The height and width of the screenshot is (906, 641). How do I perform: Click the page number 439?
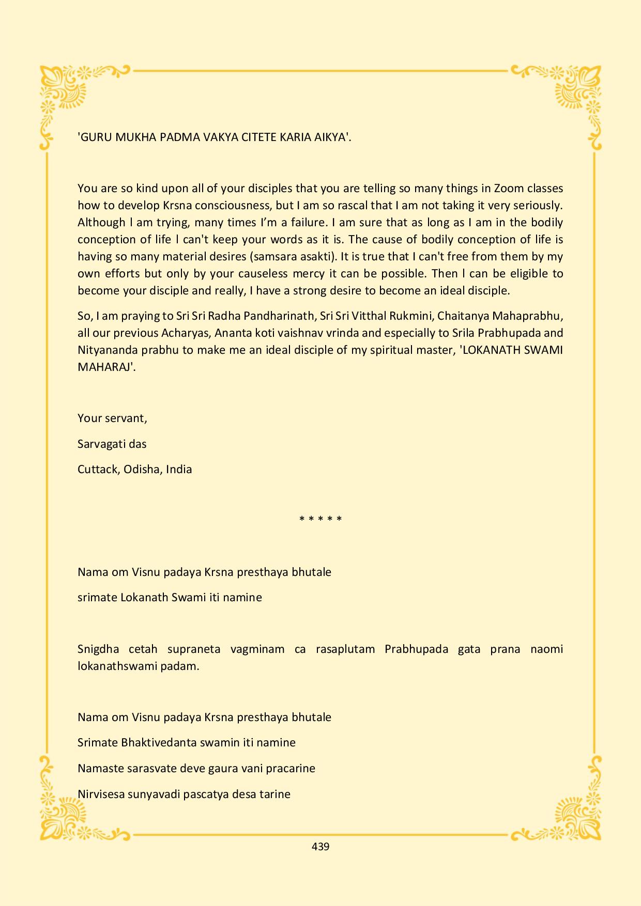320,847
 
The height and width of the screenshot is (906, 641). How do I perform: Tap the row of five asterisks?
320,519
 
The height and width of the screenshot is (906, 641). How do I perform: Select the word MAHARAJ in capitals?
105,367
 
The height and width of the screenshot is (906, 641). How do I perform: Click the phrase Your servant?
112,418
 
